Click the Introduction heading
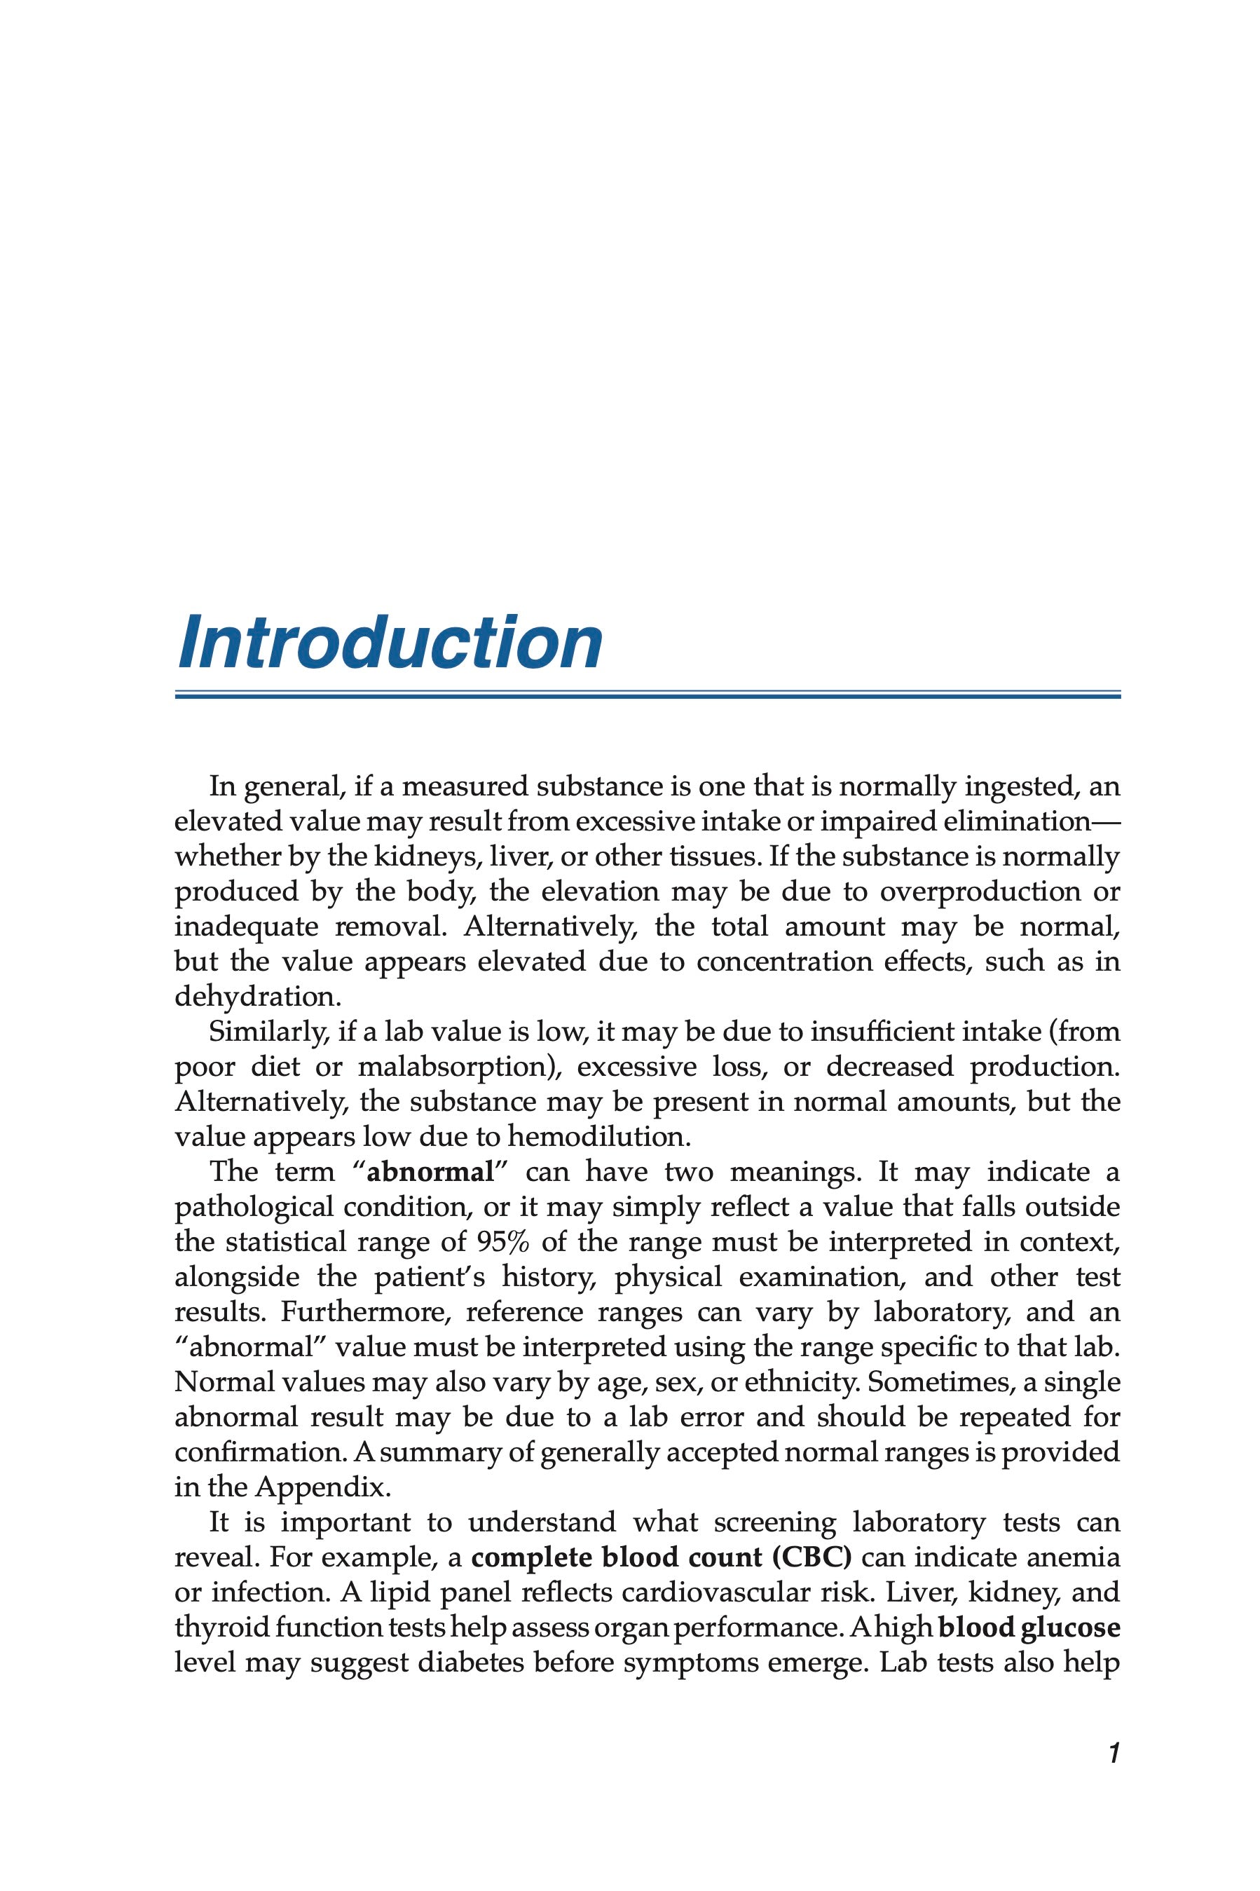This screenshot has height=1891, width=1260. (390, 643)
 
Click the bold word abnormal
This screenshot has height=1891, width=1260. (429, 1173)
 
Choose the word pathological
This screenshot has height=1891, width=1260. (252, 1208)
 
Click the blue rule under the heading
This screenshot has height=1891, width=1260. (648, 695)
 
